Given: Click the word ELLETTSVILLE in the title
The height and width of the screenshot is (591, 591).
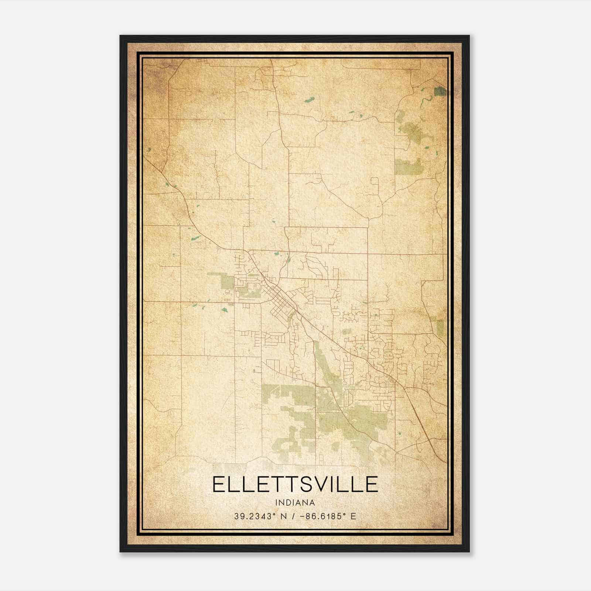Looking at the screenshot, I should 295,484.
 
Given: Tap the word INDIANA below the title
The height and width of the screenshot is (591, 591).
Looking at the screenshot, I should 295,503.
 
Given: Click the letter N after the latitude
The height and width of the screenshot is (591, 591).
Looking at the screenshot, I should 284,516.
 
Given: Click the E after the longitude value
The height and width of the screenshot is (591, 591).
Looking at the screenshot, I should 353,516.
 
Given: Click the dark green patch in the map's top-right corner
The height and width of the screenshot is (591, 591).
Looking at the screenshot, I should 440,91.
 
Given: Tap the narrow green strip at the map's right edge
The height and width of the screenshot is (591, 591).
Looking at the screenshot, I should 440,327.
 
